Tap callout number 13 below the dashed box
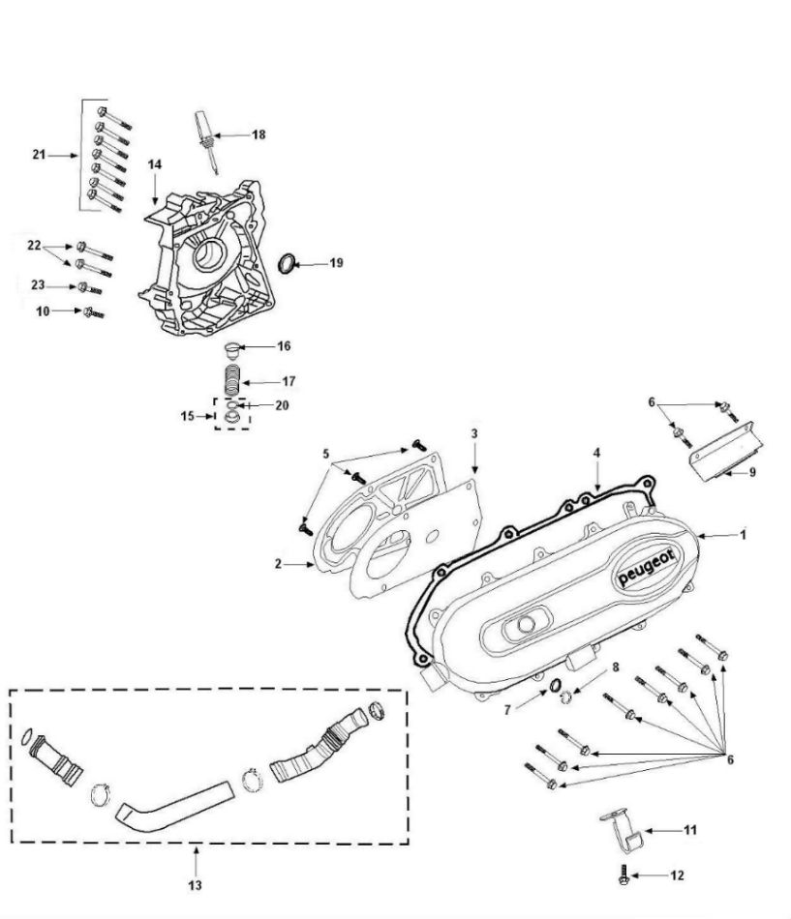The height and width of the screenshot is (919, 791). [196, 885]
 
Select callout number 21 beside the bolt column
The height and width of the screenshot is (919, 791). [40, 155]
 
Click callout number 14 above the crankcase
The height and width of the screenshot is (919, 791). [155, 164]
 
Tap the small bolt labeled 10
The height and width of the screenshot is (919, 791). [93, 311]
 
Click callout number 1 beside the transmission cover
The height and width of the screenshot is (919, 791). [743, 535]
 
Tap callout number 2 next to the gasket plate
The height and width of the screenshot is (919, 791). [278, 564]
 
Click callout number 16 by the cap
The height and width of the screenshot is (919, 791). [283, 346]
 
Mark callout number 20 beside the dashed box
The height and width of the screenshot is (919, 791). [282, 405]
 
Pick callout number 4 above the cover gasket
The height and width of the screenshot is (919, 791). [597, 453]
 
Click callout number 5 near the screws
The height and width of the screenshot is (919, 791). [327, 453]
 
